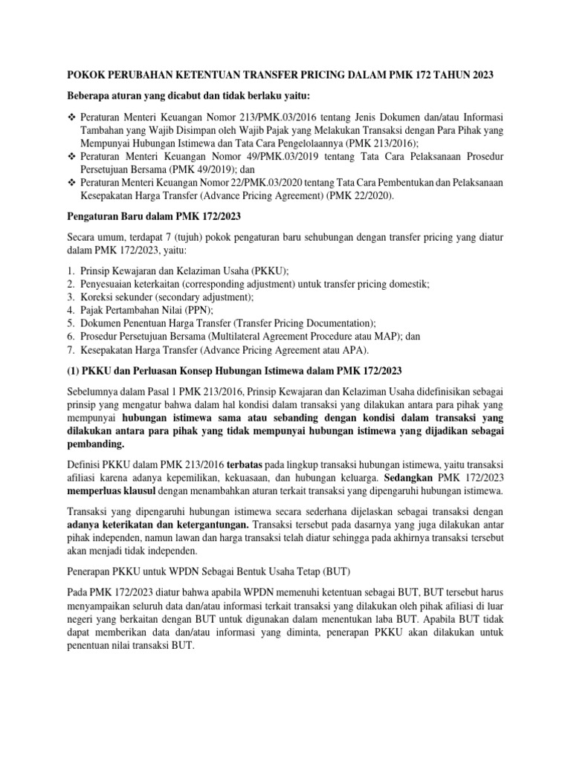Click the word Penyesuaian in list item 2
[x=109, y=284]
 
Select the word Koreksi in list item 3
[x=97, y=297]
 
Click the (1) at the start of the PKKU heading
[x=74, y=372]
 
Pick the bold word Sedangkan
[x=412, y=479]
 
